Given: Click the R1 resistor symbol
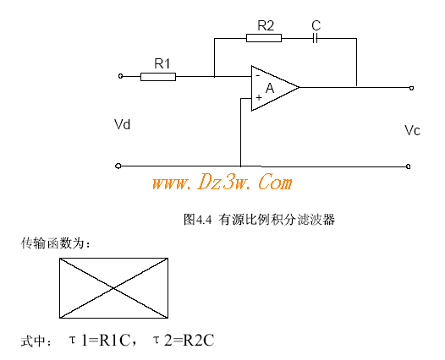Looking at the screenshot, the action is tap(158, 77).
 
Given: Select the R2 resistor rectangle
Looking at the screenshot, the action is tap(264, 38).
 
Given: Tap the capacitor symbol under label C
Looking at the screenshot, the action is tap(315, 38).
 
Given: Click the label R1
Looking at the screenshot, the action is tap(162, 63).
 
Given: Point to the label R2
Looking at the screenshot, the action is tap(266, 25).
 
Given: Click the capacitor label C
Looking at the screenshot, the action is tap(316, 25).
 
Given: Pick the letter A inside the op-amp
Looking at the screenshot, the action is tap(270, 88).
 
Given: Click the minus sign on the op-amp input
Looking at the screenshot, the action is tap(258, 76).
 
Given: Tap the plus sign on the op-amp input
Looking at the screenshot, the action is tap(259, 98).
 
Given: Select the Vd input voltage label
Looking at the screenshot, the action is tap(123, 124).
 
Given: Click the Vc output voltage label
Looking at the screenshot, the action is tap(412, 130).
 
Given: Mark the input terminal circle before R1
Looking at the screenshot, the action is tap(121, 76).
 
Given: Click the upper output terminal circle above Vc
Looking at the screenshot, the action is tap(411, 88).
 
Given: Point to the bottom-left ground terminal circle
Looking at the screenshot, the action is tap(118, 166).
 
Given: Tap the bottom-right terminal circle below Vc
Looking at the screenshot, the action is tap(408, 166).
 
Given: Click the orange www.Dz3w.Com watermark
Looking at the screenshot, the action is tap(222, 183).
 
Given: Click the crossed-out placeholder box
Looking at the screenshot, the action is tap(114, 288).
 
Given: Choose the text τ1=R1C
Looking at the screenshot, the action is tap(100, 341).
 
